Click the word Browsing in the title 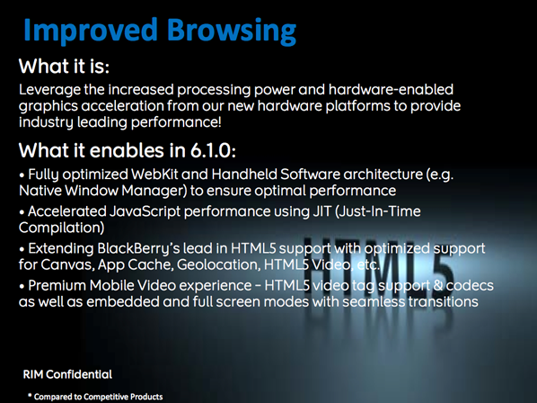pyautogui.click(x=232, y=31)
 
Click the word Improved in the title pyautogui.click(x=91, y=31)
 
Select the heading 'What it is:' pyautogui.click(x=64, y=66)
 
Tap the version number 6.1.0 pyautogui.click(x=211, y=150)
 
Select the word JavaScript pyautogui.click(x=145, y=211)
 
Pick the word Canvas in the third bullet pyautogui.click(x=68, y=264)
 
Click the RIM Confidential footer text pyautogui.click(x=67, y=374)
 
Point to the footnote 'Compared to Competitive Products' pyautogui.click(x=98, y=397)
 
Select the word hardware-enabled pyautogui.click(x=391, y=90)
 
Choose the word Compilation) pyautogui.click(x=61, y=228)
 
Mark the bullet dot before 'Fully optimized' pyautogui.click(x=22, y=175)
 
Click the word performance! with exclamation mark pyautogui.click(x=176, y=122)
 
